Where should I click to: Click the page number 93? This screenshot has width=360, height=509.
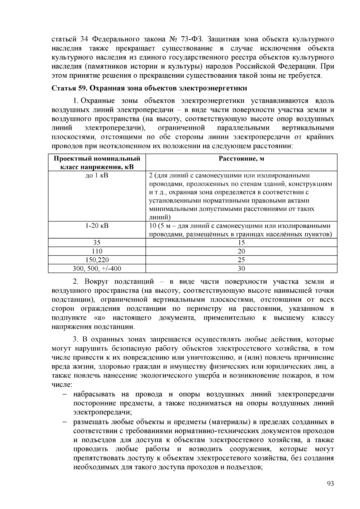click(330, 484)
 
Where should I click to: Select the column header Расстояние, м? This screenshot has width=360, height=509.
click(241, 159)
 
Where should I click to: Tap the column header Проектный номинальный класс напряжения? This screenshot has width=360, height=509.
click(97, 162)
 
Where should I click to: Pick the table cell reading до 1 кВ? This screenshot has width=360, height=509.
click(97, 175)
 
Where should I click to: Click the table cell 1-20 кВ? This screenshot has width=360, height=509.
click(97, 226)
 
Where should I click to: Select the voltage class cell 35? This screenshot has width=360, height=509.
click(97, 242)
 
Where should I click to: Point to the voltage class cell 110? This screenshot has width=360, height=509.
click(97, 251)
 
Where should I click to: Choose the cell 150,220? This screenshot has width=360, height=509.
click(97, 260)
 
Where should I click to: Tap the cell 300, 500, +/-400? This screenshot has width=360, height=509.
click(97, 268)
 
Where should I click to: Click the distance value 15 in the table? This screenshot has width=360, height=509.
click(241, 242)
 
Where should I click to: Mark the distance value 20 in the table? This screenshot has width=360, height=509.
click(241, 251)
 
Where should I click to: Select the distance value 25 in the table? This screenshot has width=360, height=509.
click(241, 260)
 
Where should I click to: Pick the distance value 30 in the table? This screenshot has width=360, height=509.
click(241, 268)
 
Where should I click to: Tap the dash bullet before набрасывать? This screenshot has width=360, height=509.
click(64, 394)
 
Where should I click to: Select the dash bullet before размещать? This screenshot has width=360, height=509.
click(64, 422)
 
